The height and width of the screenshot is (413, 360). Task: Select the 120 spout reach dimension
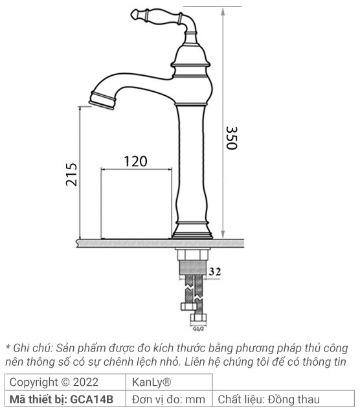pos(135,161)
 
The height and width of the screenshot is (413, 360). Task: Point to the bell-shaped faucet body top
pos(192,61)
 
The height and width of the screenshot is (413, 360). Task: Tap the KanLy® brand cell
pos(152,382)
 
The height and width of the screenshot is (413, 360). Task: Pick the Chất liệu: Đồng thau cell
pos(268,399)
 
